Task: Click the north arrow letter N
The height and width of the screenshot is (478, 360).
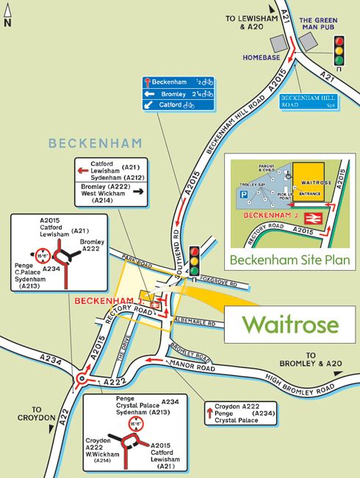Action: pos(7,23)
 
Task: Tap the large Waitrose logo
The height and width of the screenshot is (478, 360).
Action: pos(290,324)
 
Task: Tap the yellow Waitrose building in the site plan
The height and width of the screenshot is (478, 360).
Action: pos(312,181)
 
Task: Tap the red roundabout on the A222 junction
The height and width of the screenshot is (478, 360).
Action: pos(82,379)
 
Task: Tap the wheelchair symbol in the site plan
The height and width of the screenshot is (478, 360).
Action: pos(287,176)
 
